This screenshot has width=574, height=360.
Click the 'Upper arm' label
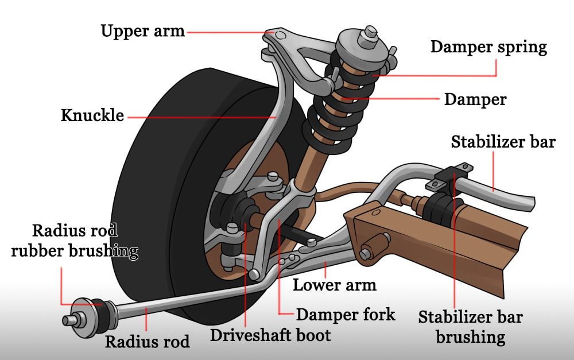pos(143,30)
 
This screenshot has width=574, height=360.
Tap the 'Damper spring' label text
pos(488,47)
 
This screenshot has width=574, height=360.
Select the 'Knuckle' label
pos(92,115)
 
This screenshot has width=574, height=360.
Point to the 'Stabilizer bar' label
pos(503,141)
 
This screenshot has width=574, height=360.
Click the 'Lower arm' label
pos(335,284)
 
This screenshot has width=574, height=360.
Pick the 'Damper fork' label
pos(346,314)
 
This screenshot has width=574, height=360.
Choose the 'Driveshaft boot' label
pos(270,335)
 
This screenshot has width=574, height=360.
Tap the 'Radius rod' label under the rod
pos(147,342)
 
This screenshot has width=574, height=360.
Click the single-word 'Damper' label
pos(475,99)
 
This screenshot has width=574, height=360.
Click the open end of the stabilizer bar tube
pos(529,203)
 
